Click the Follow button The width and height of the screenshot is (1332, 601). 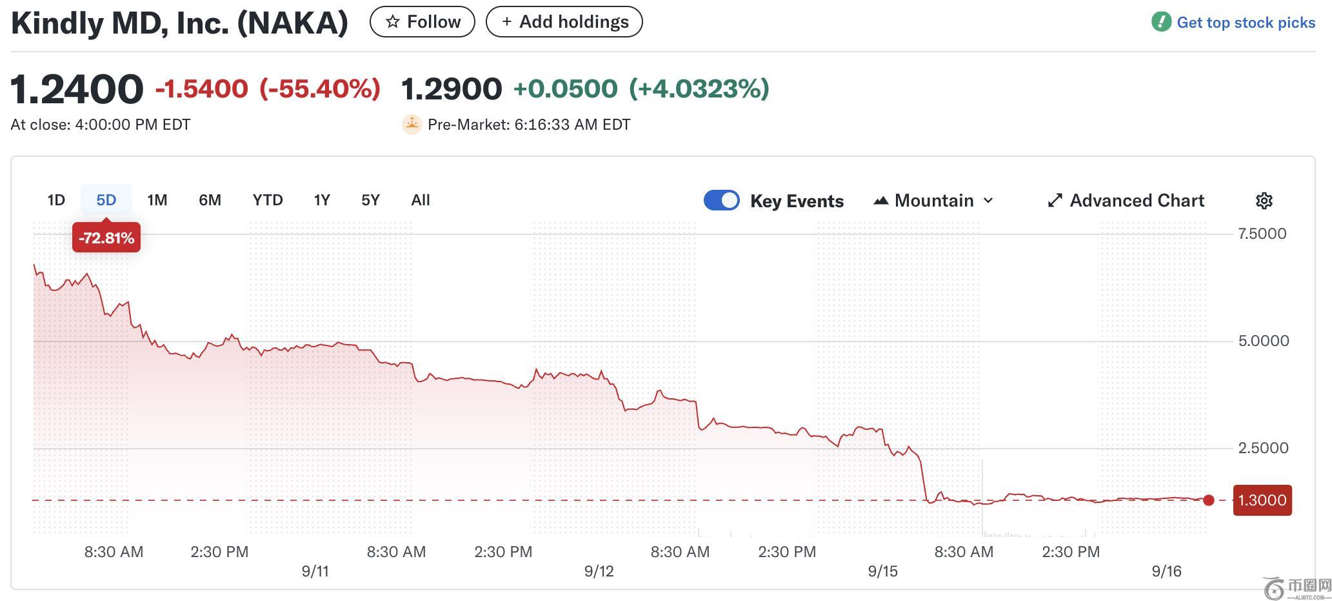(422, 22)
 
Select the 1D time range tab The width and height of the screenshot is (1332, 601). (56, 200)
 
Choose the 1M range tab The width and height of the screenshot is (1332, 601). (157, 200)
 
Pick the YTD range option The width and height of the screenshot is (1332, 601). (268, 200)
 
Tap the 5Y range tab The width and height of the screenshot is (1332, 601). (370, 200)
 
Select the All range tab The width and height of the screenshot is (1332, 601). (420, 200)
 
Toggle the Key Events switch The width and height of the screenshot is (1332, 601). (721, 201)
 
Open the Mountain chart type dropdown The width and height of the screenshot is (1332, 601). (933, 201)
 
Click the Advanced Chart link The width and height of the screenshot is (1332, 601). (1126, 201)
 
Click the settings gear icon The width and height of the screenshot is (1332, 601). (1264, 201)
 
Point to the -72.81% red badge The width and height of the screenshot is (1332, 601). (106, 238)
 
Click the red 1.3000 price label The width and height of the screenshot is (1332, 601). (1262, 500)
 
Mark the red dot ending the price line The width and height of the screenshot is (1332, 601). (1209, 500)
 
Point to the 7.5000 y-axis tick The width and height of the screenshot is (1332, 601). (1262, 234)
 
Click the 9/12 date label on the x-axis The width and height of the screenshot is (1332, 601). (599, 571)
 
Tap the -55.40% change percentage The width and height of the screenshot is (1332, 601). (320, 89)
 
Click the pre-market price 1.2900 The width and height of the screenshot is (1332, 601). (452, 89)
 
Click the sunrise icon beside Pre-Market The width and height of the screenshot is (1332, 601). (412, 124)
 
